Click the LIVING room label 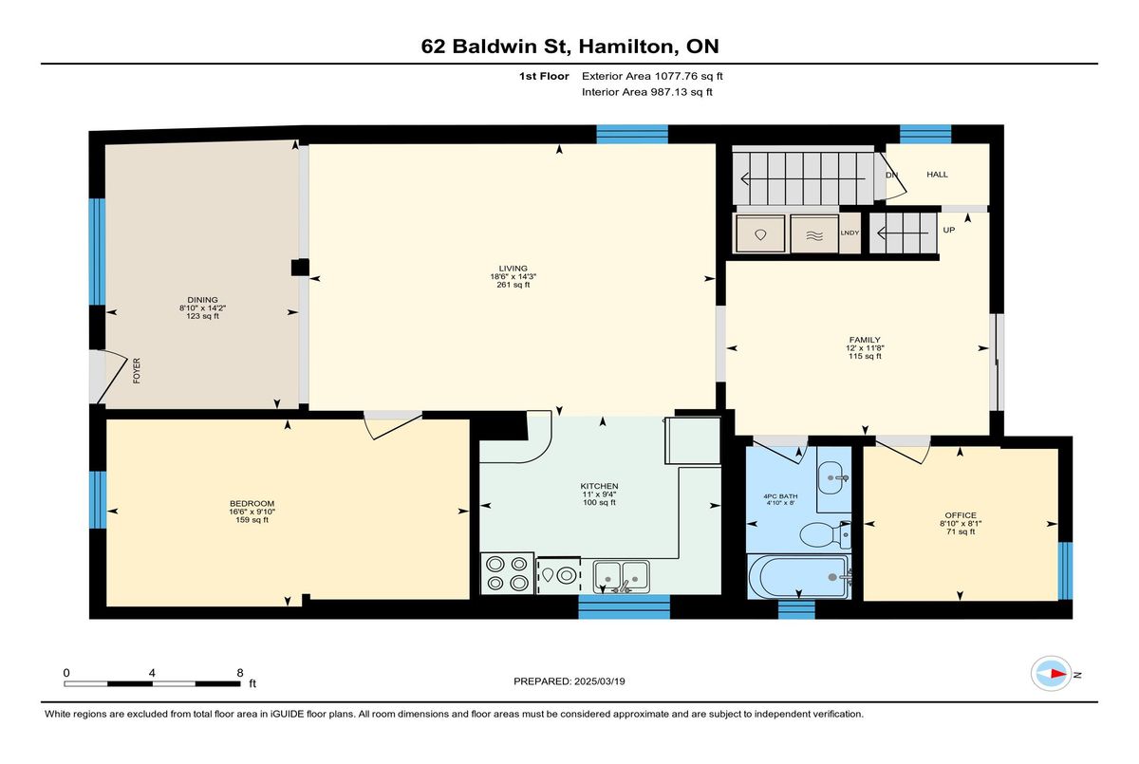click(513, 269)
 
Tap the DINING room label click(202, 300)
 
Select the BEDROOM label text click(252, 504)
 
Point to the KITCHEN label click(600, 487)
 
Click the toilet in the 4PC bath click(825, 534)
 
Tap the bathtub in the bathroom click(798, 576)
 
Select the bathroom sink click(833, 477)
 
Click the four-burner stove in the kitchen click(507, 573)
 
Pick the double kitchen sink click(621, 576)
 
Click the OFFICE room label click(961, 515)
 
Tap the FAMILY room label click(865, 340)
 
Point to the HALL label click(937, 175)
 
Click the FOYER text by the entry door click(137, 370)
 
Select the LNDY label click(850, 233)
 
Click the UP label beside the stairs click(949, 230)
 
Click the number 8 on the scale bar click(240, 673)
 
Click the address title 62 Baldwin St click(493, 47)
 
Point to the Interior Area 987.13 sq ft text click(646, 92)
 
